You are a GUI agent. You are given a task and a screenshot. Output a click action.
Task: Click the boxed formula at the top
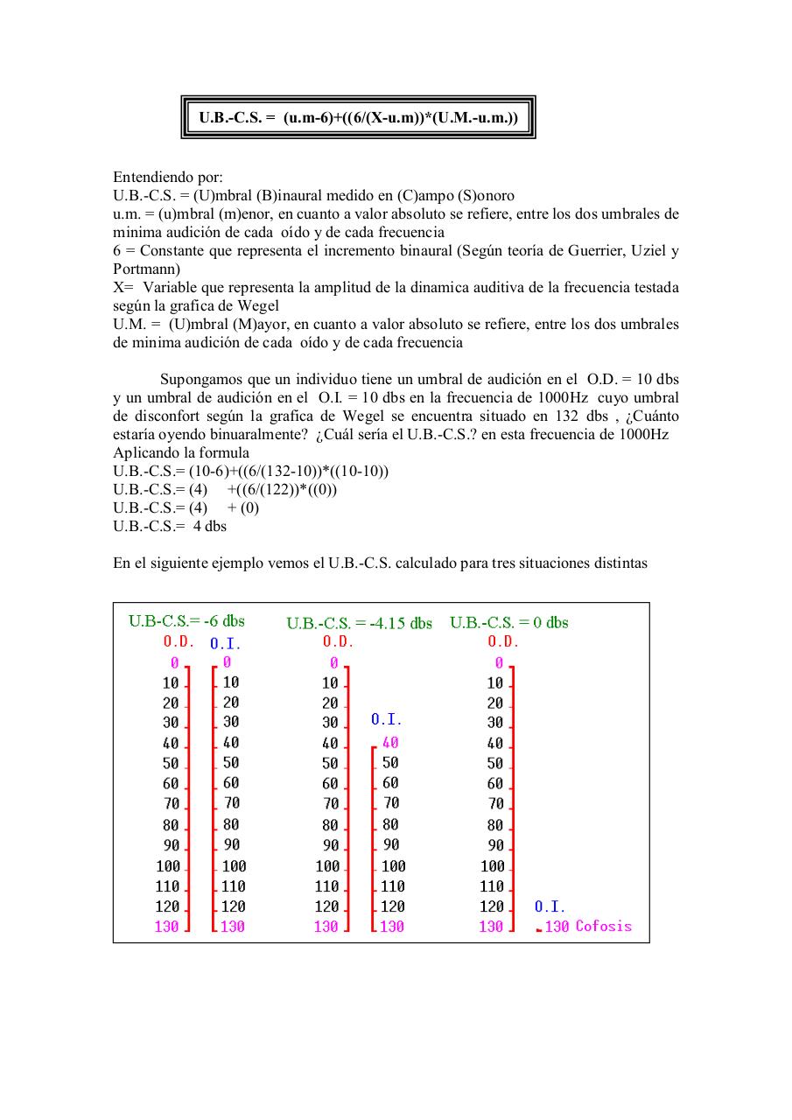358,117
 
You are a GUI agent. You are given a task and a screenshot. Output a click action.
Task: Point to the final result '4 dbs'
209,526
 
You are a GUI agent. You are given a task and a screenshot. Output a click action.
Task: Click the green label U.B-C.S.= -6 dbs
186,621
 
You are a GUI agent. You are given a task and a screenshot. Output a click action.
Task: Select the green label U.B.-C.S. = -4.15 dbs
359,624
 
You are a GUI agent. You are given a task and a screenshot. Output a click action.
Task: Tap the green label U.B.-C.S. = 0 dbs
508,623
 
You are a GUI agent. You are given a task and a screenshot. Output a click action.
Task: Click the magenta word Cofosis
603,927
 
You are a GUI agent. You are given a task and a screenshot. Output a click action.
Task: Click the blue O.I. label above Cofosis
550,907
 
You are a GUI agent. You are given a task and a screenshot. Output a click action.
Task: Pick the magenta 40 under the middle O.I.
390,742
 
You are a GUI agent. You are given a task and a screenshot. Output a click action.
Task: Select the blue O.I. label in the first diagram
225,644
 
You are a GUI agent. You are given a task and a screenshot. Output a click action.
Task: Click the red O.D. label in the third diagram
503,641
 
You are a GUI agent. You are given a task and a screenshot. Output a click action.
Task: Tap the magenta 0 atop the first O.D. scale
174,663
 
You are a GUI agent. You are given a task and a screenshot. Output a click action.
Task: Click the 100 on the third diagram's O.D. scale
493,866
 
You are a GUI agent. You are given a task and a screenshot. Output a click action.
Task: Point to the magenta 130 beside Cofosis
557,927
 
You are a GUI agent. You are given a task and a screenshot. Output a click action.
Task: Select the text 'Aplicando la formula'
181,452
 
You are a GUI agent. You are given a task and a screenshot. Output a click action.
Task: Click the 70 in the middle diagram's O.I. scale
391,802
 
